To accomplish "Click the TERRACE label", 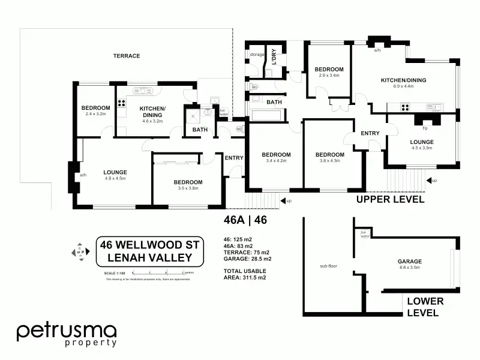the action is pyautogui.click(x=127, y=56).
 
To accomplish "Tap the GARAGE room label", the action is pyautogui.click(x=410, y=262).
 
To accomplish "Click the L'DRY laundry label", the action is pyautogui.click(x=273, y=55).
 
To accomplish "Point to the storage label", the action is pyautogui.click(x=257, y=55).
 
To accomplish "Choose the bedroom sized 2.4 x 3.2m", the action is pyautogui.click(x=95, y=112).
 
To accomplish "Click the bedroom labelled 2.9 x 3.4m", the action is pyautogui.click(x=329, y=73).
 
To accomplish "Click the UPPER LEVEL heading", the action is pyautogui.click(x=391, y=199).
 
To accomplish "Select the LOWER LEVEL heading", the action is pyautogui.click(x=425, y=307).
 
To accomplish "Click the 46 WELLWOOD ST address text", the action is pyautogui.click(x=146, y=245).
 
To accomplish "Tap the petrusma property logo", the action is pyautogui.click(x=66, y=335).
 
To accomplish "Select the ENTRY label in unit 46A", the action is pyautogui.click(x=233, y=158).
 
